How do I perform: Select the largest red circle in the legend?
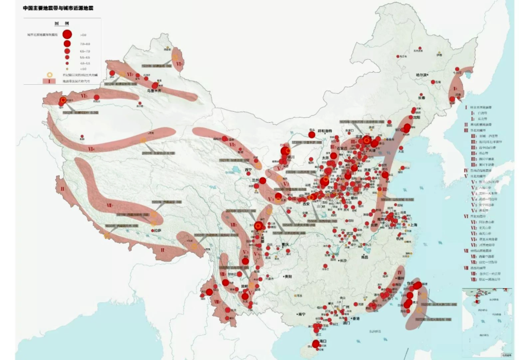[x=67, y=34]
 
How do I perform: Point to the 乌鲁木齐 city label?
[x=155, y=91]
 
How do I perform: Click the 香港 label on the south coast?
[x=356, y=318]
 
